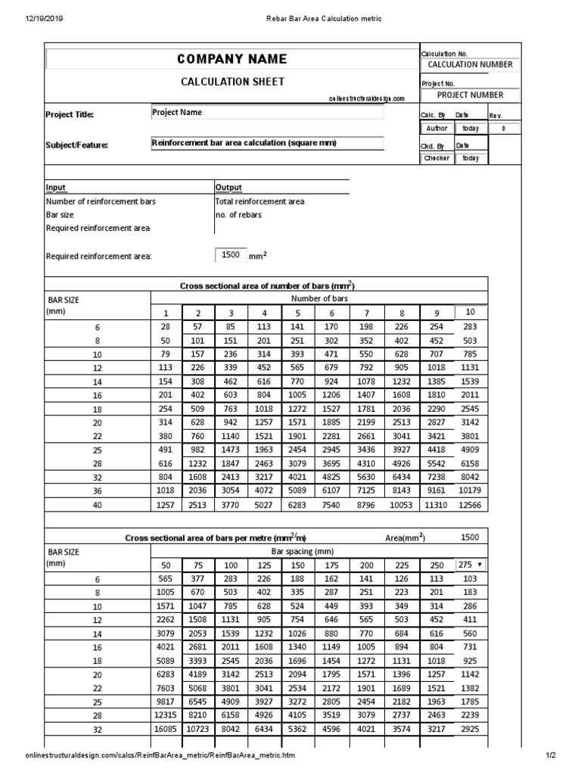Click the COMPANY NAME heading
tap(232, 59)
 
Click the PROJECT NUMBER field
tap(470, 95)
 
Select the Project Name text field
tap(267, 113)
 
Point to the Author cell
tap(437, 129)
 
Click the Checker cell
tap(437, 158)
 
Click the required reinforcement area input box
tap(231, 255)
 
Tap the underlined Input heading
tap(56, 188)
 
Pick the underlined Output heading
tap(228, 188)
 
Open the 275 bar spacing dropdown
tap(471, 565)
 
